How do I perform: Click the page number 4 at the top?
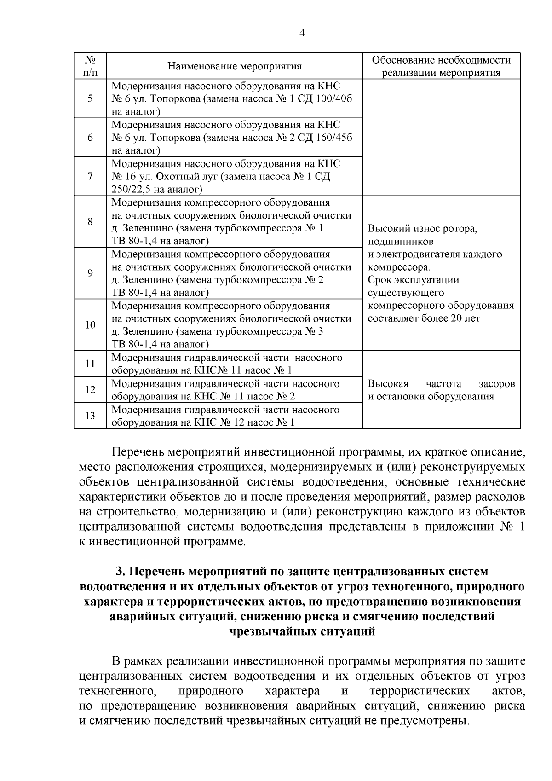pos(302,33)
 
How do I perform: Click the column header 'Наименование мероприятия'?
pos(234,66)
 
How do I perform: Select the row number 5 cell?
pos(90,98)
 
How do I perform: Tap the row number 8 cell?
pos(90,222)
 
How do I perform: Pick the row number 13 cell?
pos(90,416)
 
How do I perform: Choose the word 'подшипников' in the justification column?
pos(401,242)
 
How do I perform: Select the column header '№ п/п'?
pos(90,66)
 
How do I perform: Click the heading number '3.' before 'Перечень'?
pos(121,572)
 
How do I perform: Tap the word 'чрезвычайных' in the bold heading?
pos(272,631)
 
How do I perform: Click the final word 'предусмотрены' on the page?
pos(422,721)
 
